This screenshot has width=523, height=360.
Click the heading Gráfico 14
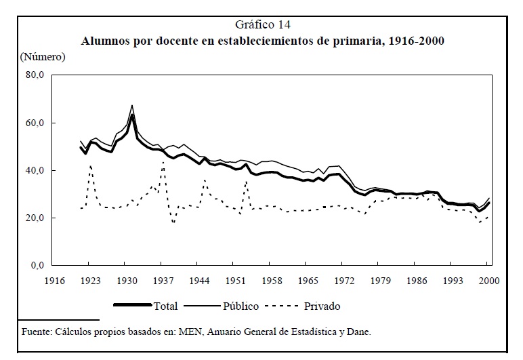point(261,25)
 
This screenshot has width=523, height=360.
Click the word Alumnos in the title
point(107,41)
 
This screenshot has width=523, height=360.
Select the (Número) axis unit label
point(42,56)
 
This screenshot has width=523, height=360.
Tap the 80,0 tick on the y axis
point(33,76)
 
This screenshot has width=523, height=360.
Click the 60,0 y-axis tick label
point(33,123)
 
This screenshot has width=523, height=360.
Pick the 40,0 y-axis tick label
point(33,171)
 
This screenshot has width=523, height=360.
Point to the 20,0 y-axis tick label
point(33,218)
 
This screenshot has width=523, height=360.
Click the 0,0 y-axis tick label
point(36,266)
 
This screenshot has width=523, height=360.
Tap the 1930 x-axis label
point(127,280)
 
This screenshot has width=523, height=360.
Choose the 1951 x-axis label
point(236,280)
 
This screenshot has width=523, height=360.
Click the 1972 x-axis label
point(345,280)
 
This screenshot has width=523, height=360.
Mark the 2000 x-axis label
point(490,280)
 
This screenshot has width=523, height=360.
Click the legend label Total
point(166,306)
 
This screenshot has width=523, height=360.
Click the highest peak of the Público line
point(133,106)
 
